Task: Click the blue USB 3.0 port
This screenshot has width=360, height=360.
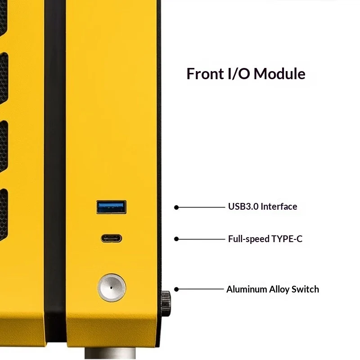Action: coord(111,207)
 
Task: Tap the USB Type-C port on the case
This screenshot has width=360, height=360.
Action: coord(111,238)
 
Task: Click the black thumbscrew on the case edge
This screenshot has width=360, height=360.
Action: coord(166,303)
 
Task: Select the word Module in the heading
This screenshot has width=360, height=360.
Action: coord(279,74)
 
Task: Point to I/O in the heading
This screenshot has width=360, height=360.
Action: coord(238,74)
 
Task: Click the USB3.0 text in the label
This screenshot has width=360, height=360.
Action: coord(243,207)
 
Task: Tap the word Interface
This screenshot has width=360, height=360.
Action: coord(279,207)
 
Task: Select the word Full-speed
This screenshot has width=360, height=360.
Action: coord(249,239)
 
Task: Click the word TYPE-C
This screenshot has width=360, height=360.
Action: coord(287,239)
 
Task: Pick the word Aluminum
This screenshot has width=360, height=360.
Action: coord(246,289)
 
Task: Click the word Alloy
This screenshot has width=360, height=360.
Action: coord(279,290)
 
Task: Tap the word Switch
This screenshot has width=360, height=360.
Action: coord(305,289)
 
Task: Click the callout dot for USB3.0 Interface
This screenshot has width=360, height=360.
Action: coord(176,207)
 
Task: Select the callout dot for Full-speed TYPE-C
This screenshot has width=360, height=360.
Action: coord(176,239)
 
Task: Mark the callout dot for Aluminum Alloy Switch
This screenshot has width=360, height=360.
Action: coord(176,289)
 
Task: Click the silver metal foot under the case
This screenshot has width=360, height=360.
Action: coord(110,354)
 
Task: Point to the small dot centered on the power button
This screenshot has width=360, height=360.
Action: coord(111,288)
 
